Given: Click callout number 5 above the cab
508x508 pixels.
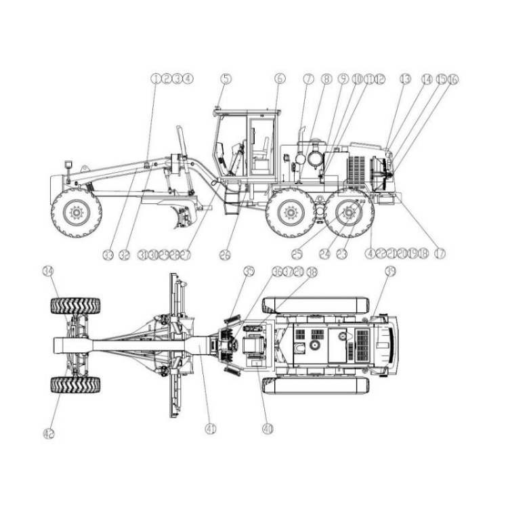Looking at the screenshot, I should pyautogui.click(x=226, y=79).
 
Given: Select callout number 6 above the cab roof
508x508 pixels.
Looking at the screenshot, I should pyautogui.click(x=280, y=79).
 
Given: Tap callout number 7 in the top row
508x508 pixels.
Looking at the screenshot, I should pyautogui.click(x=308, y=79).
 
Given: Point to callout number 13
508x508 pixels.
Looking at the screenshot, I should pyautogui.click(x=405, y=79).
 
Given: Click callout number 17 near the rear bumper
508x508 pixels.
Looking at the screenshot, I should pyautogui.click(x=440, y=253).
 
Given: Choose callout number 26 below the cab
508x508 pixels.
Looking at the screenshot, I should pyautogui.click(x=225, y=255).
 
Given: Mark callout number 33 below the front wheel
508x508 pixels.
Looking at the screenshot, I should pyautogui.click(x=107, y=255).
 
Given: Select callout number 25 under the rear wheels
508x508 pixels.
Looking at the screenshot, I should pyautogui.click(x=297, y=255).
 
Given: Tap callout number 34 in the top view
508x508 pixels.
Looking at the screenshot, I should pyautogui.click(x=48, y=272).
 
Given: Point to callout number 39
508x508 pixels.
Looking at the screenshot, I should pyautogui.click(x=390, y=272).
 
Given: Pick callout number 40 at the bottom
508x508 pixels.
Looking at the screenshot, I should pyautogui.click(x=268, y=429).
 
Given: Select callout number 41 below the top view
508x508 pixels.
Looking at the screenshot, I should pyautogui.click(x=211, y=429).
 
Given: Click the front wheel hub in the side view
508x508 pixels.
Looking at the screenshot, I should pyautogui.click(x=76, y=212).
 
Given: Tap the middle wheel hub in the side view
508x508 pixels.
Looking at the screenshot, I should pyautogui.click(x=291, y=213).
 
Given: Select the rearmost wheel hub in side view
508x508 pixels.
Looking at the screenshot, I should pyautogui.click(x=349, y=213).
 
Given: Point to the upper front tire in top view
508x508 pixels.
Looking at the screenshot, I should pyautogui.click(x=75, y=306).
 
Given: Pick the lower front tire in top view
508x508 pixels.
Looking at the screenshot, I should pyautogui.click(x=75, y=385).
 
